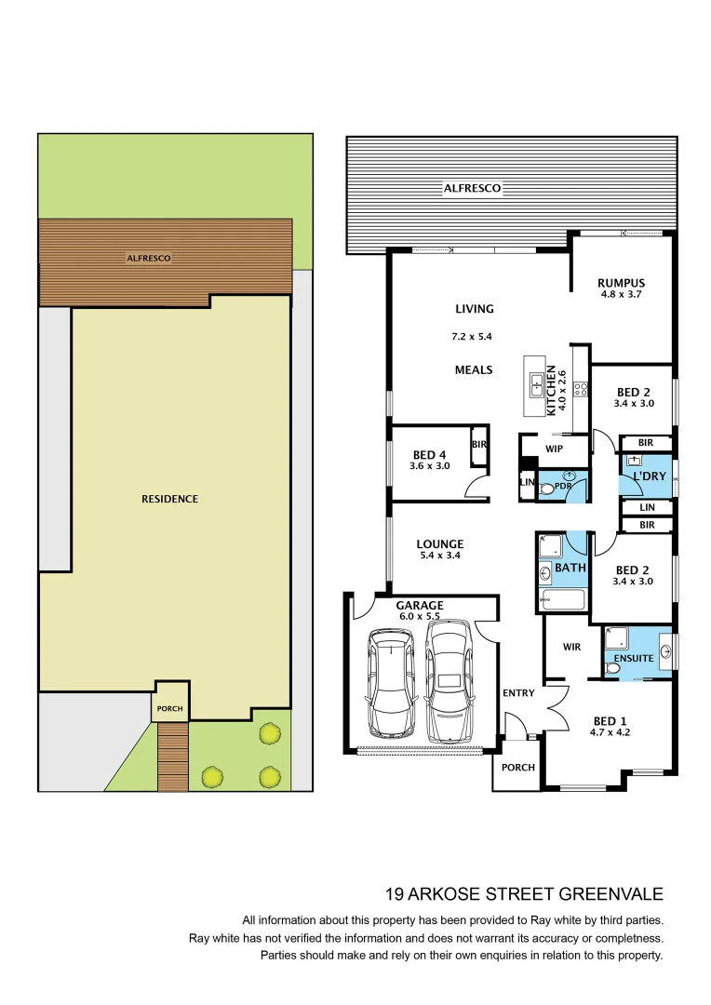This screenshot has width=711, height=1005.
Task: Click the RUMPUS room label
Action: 621,283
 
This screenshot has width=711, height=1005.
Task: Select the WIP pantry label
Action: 555,449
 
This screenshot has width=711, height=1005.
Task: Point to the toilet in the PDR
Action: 547,486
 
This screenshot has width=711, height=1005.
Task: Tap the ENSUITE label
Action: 633,659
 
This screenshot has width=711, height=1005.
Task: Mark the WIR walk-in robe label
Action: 571,647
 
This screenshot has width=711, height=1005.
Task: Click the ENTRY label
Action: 518,693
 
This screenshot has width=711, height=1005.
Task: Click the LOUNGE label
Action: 439,544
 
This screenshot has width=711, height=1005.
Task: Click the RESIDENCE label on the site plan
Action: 169,499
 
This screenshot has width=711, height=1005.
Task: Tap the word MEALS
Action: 474,369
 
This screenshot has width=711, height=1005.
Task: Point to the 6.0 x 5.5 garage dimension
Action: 420,617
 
